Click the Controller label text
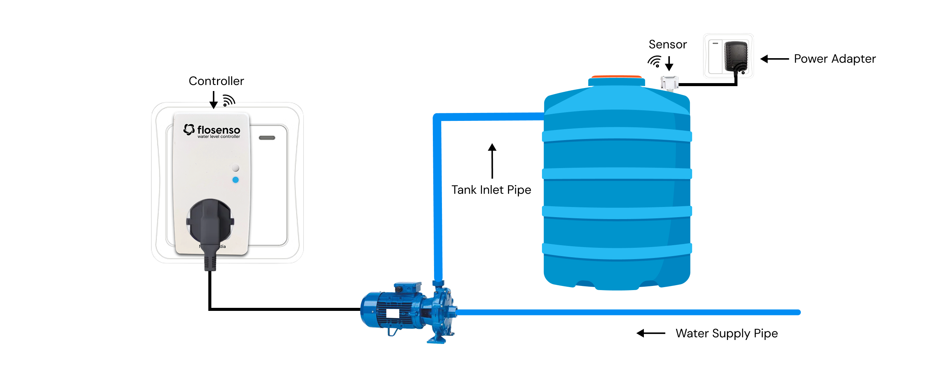pyautogui.click(x=216, y=81)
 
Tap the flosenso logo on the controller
pyautogui.click(x=212, y=131)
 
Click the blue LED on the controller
pyautogui.click(x=236, y=180)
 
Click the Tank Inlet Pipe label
pyautogui.click(x=491, y=190)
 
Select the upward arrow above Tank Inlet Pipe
pyautogui.click(x=492, y=161)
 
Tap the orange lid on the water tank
pyautogui.click(x=616, y=77)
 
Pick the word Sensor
pyautogui.click(x=668, y=45)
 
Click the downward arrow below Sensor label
pyautogui.click(x=669, y=63)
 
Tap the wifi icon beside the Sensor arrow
pyautogui.click(x=655, y=61)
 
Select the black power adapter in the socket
pyautogui.click(x=736, y=56)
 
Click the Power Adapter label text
pyautogui.click(x=834, y=59)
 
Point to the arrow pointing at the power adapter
pyautogui.click(x=774, y=59)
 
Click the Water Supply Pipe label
pyautogui.click(x=727, y=334)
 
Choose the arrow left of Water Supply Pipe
pyautogui.click(x=651, y=333)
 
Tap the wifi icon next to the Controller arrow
pyautogui.click(x=229, y=100)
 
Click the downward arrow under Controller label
pyautogui.click(x=214, y=100)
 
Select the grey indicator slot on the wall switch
pyautogui.click(x=267, y=138)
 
